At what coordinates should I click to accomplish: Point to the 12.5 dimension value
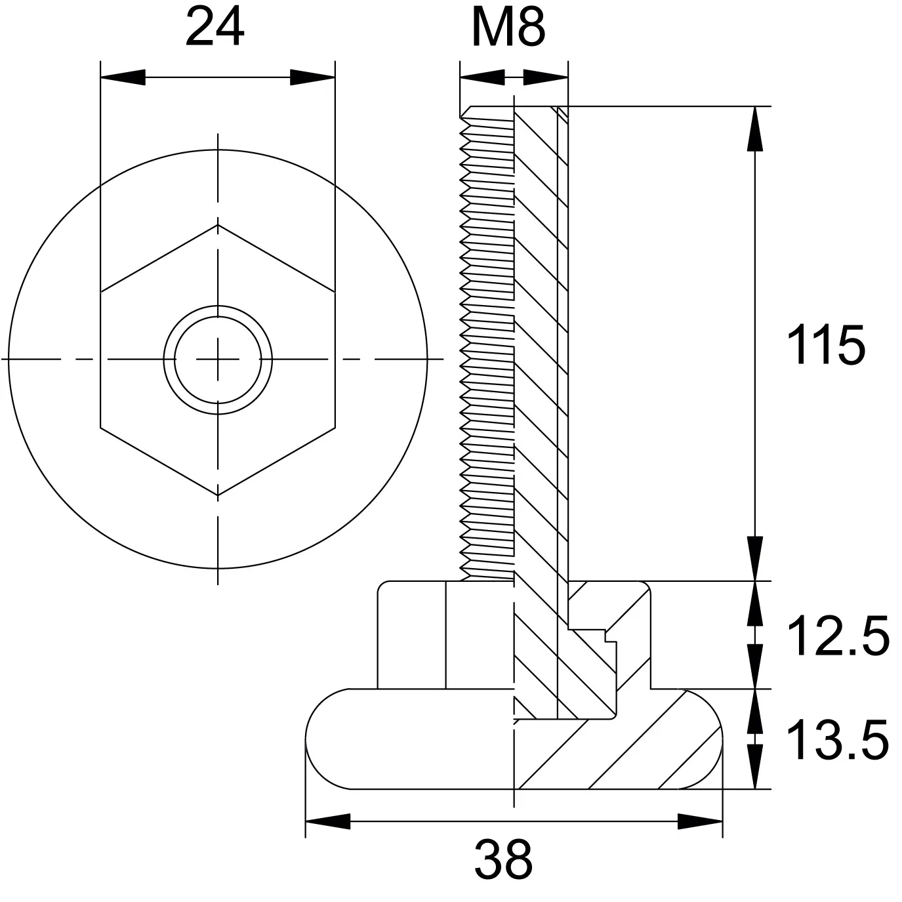[x=838, y=636]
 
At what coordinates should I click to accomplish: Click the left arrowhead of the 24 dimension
[x=123, y=77]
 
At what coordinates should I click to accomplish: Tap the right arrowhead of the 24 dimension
[x=313, y=77]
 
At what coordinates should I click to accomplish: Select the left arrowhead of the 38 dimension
[x=327, y=821]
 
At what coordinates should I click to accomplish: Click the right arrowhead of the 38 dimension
[x=700, y=821]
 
